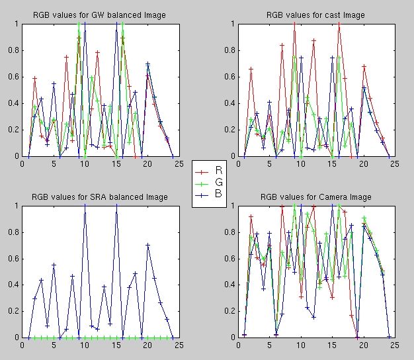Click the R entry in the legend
[218, 169]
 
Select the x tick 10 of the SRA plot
[85, 345]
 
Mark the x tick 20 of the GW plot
[147, 163]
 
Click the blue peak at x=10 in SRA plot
[85, 206]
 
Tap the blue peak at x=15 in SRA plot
[116, 206]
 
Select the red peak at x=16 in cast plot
[339, 24]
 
